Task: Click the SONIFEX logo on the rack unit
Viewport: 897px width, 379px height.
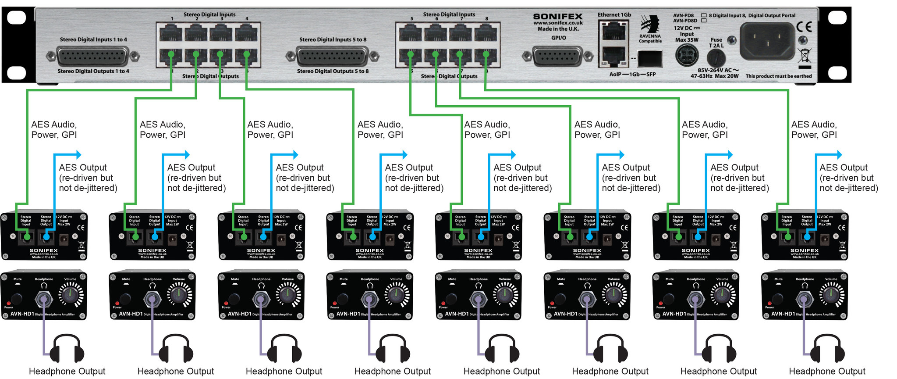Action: click(x=557, y=17)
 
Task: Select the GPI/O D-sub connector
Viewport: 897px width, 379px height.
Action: click(x=558, y=56)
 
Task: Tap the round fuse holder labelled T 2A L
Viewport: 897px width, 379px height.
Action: click(x=716, y=57)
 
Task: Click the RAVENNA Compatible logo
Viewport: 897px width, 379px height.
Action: click(x=650, y=29)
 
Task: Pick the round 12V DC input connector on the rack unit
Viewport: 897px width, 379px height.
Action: click(x=686, y=56)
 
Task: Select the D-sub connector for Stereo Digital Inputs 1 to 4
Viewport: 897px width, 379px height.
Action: click(x=93, y=56)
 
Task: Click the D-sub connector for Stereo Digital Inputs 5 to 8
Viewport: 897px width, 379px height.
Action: click(x=332, y=56)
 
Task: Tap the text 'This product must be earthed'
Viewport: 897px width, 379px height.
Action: click(x=779, y=76)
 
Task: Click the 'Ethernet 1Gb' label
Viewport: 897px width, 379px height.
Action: click(x=614, y=15)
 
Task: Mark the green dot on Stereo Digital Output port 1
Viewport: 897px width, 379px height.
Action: click(x=171, y=54)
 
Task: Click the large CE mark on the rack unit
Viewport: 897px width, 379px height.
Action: click(x=804, y=27)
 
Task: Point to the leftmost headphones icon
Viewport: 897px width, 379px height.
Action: click(x=67, y=349)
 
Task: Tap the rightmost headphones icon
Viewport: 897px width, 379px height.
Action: click(x=827, y=349)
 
